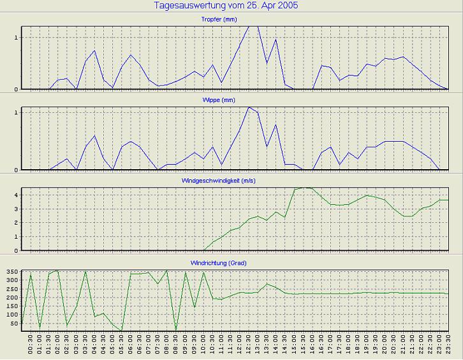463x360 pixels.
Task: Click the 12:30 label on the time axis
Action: point(249,345)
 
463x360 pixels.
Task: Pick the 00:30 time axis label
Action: point(31,345)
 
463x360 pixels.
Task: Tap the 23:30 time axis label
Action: point(448,345)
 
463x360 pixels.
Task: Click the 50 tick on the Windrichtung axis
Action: point(14,324)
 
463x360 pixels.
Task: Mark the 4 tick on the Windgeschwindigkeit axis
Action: point(15,194)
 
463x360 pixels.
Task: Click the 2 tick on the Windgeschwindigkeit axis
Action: point(15,223)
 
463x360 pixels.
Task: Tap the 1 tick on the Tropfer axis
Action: point(15,37)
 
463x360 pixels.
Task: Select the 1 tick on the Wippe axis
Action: point(15,112)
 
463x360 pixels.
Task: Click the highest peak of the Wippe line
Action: point(249,107)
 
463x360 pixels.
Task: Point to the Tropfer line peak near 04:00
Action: point(94,50)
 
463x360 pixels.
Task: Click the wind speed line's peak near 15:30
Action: point(304,187)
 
